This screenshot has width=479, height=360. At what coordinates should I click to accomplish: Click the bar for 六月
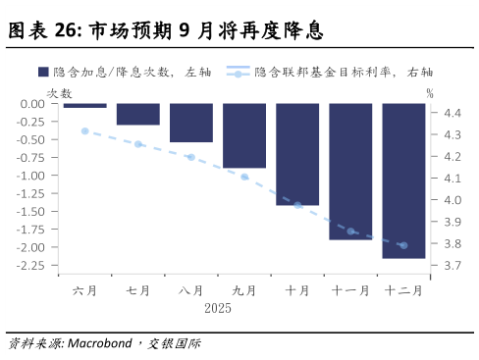[x=85, y=105]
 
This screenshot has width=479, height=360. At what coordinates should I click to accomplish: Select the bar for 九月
[x=244, y=135]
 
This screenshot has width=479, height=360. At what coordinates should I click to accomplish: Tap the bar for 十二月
[x=403, y=180]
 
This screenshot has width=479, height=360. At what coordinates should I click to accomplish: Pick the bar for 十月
[x=297, y=154]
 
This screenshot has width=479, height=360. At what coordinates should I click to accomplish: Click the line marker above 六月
[x=85, y=130]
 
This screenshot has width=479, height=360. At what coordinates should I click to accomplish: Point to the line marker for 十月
[x=297, y=205]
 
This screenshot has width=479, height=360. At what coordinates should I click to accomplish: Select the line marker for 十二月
[x=403, y=245]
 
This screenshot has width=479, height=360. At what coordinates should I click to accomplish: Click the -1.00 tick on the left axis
[x=31, y=176]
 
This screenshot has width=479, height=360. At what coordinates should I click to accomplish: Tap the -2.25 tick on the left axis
[x=31, y=265]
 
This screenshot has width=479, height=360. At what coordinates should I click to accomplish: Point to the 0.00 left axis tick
[x=33, y=104]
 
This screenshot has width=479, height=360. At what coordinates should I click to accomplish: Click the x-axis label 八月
[x=191, y=290]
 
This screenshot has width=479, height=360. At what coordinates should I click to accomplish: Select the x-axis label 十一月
[x=350, y=290]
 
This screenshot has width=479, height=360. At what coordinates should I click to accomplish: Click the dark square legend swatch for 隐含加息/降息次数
[x=43, y=72]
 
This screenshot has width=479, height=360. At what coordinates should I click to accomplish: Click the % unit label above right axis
[x=430, y=92]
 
